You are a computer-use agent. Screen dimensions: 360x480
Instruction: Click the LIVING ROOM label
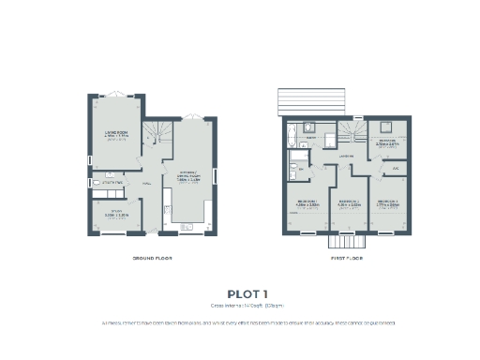tap(116, 134)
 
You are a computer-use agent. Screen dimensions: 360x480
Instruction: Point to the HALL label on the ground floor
tap(146, 184)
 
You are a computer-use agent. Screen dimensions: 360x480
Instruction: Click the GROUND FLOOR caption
tap(152, 257)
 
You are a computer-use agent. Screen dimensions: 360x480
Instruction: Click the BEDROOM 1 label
tap(307, 202)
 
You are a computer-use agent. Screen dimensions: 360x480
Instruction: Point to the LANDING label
tap(345, 157)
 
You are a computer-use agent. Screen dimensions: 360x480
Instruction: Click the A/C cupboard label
tap(397, 168)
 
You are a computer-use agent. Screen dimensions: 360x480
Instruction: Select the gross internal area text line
tap(240, 305)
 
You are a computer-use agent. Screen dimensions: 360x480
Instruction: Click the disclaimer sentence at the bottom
tap(240, 322)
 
